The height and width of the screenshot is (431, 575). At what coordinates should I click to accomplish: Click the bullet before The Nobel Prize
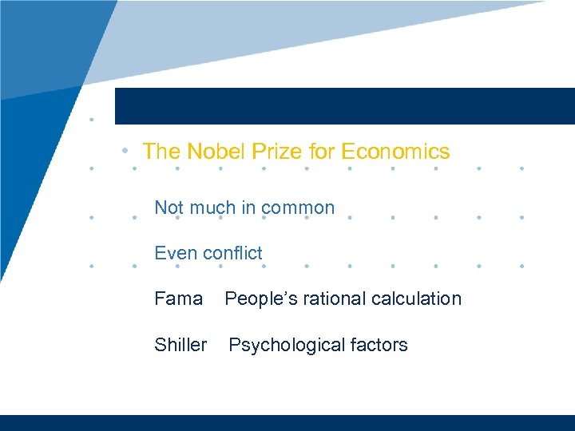[x=125, y=151]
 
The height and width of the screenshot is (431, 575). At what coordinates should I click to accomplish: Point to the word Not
[x=169, y=208]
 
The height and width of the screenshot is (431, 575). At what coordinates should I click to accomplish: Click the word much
[x=211, y=208]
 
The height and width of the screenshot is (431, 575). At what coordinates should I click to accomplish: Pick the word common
[x=298, y=208]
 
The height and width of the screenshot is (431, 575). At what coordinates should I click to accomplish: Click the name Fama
[x=178, y=299]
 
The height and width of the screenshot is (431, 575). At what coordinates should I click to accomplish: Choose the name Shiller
[x=180, y=345]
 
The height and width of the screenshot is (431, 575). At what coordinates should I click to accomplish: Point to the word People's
[x=257, y=299]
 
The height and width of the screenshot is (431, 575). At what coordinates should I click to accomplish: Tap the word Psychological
[x=276, y=345]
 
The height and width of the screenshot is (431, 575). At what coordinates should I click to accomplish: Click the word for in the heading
[x=321, y=152]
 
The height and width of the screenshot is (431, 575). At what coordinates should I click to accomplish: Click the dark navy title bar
[x=343, y=106]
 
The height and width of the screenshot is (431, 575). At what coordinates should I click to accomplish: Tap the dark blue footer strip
[x=287, y=423]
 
